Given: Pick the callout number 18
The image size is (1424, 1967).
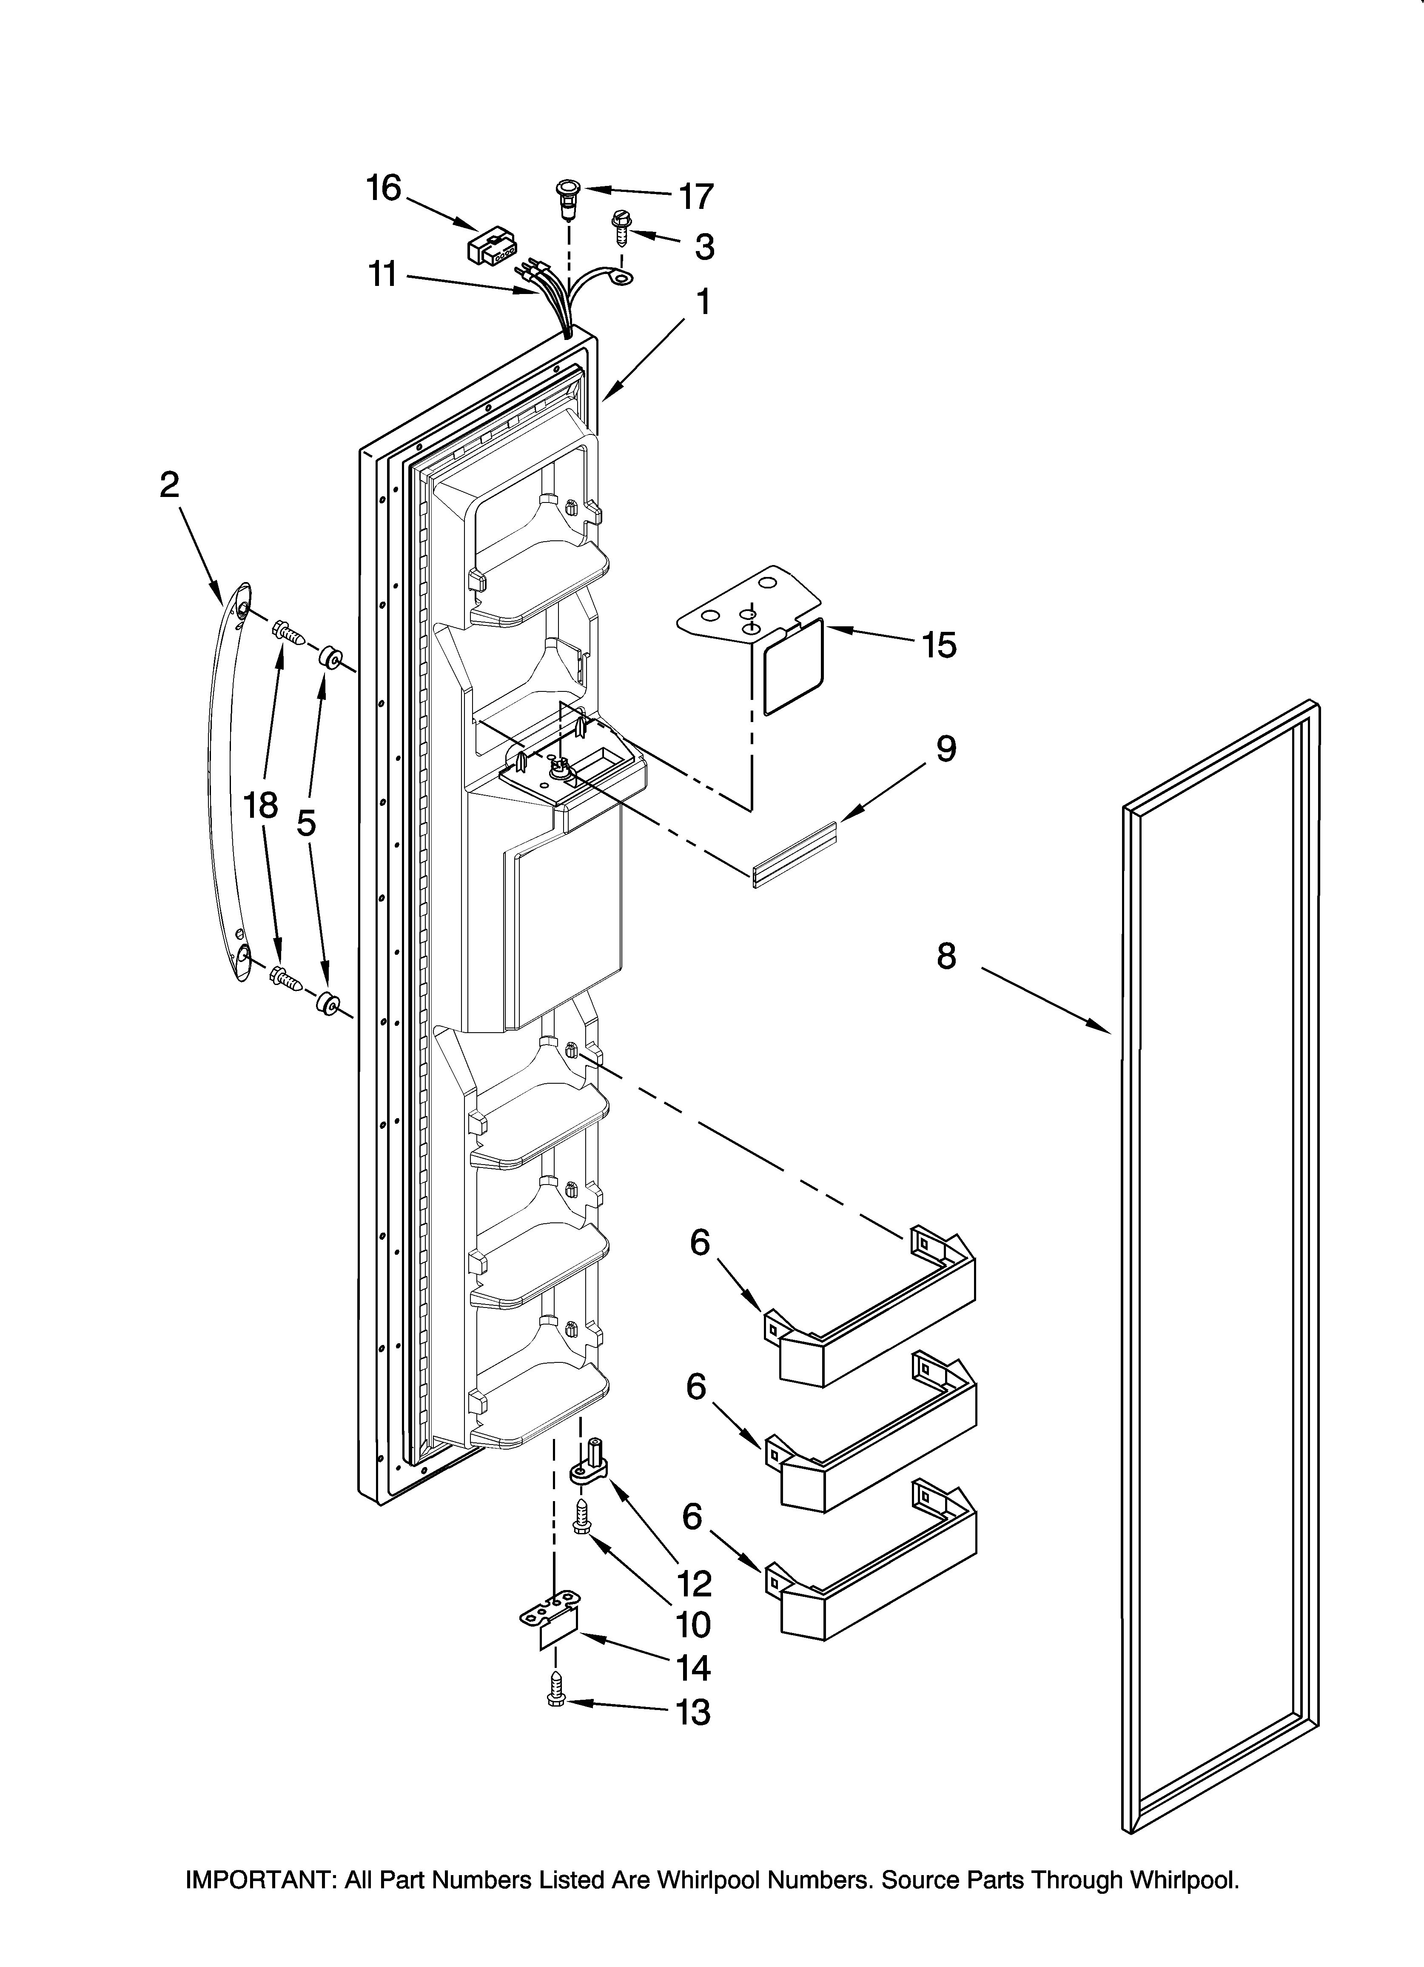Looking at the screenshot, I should (x=260, y=806).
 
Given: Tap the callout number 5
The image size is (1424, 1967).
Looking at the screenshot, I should (x=306, y=822).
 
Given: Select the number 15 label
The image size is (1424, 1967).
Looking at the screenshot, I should (x=938, y=645).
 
